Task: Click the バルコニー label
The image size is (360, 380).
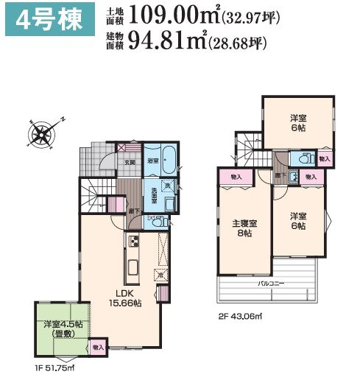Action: pos(271,284)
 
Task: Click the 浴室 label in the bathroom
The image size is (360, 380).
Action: pos(153,160)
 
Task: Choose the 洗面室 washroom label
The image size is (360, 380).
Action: pos(154,198)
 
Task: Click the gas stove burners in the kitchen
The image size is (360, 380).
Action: pos(135,241)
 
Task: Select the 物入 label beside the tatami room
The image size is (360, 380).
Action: pos(99,347)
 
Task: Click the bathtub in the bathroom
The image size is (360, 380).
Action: pos(168,160)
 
